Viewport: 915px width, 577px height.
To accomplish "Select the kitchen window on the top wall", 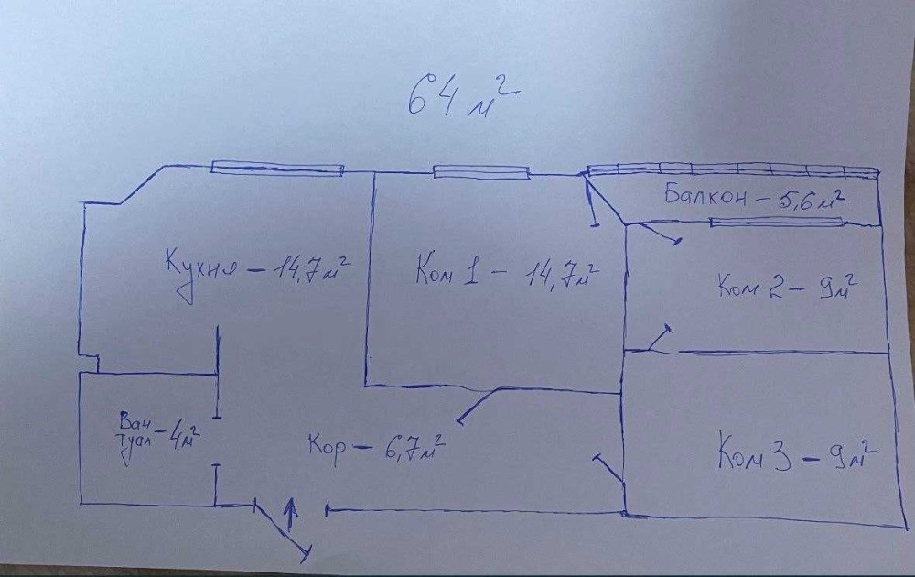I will tap(277, 168).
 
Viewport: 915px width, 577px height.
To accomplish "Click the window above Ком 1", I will tap(481, 170).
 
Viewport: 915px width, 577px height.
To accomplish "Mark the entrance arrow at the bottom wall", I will tap(292, 515).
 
